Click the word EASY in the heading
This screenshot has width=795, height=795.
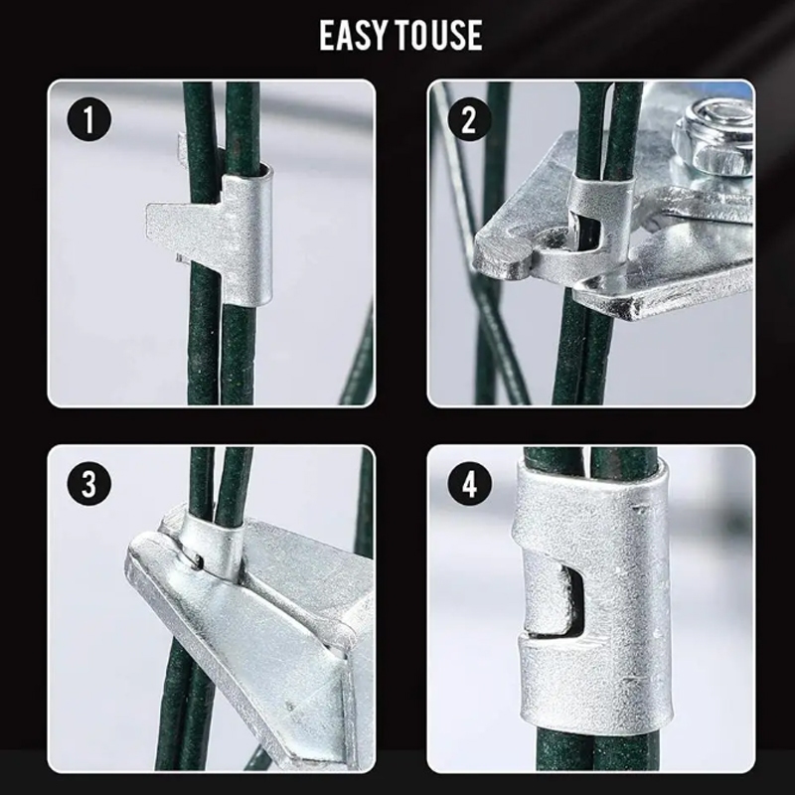[353, 35]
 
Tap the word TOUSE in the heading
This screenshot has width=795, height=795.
[438, 35]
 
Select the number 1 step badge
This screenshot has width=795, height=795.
[88, 119]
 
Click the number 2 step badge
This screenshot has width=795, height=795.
[469, 120]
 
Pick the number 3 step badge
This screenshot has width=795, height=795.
[88, 483]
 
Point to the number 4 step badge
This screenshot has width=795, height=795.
[469, 483]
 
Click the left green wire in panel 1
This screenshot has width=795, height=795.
[202, 243]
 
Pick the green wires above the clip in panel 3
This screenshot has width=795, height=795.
[222, 482]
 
